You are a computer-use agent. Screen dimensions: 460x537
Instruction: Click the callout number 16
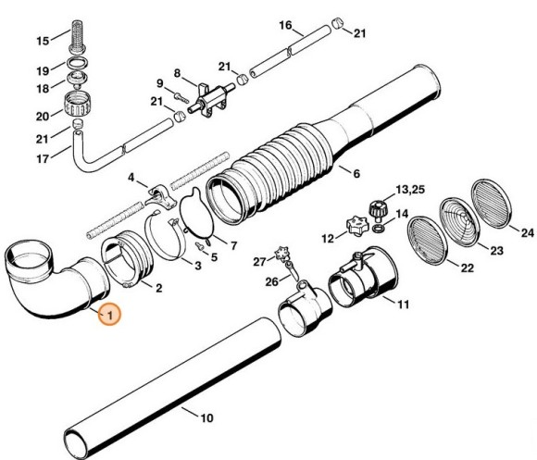coord(285,24)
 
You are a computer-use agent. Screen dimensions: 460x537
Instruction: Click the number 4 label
coord(131,177)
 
